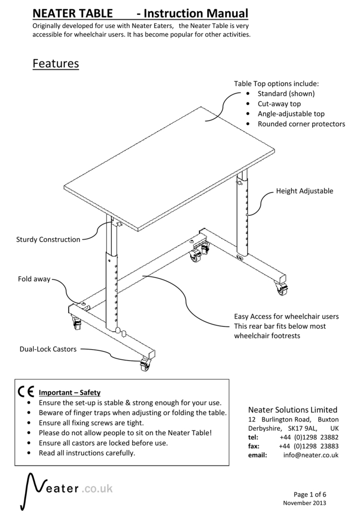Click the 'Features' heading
tap(56, 64)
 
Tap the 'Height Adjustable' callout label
tap(304, 191)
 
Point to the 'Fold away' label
tap(34, 279)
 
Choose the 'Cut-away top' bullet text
tap(279, 104)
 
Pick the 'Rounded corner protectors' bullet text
tap(301, 124)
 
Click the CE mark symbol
tap(26, 392)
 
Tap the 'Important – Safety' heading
tap(70, 393)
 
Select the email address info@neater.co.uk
tap(311, 455)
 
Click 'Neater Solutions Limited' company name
tap(293, 410)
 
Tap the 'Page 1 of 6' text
tap(311, 494)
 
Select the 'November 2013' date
tap(305, 503)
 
